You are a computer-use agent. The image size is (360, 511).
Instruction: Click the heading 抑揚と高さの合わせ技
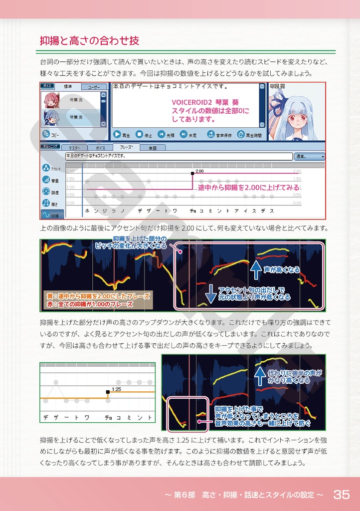[89, 41]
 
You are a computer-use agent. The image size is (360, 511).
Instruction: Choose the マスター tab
[74, 148]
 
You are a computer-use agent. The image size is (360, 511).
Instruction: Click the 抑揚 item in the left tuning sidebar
[51, 215]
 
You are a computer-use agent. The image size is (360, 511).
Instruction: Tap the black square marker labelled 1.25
[108, 392]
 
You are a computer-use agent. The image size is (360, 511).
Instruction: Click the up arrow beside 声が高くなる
[255, 269]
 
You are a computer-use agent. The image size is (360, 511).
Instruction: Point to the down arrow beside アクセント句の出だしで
[210, 294]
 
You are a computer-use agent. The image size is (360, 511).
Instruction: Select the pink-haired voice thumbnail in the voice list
[51, 100]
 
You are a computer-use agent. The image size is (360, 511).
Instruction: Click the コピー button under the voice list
[51, 134]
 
